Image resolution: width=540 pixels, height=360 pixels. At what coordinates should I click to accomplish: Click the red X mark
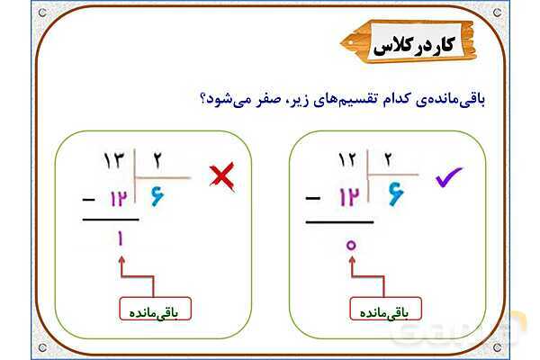point(220,176)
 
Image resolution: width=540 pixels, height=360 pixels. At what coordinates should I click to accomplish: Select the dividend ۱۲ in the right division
point(347,162)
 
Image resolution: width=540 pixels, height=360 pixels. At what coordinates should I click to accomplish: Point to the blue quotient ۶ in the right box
point(396,193)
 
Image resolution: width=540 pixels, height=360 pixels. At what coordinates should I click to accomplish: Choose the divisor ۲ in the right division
point(389,162)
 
